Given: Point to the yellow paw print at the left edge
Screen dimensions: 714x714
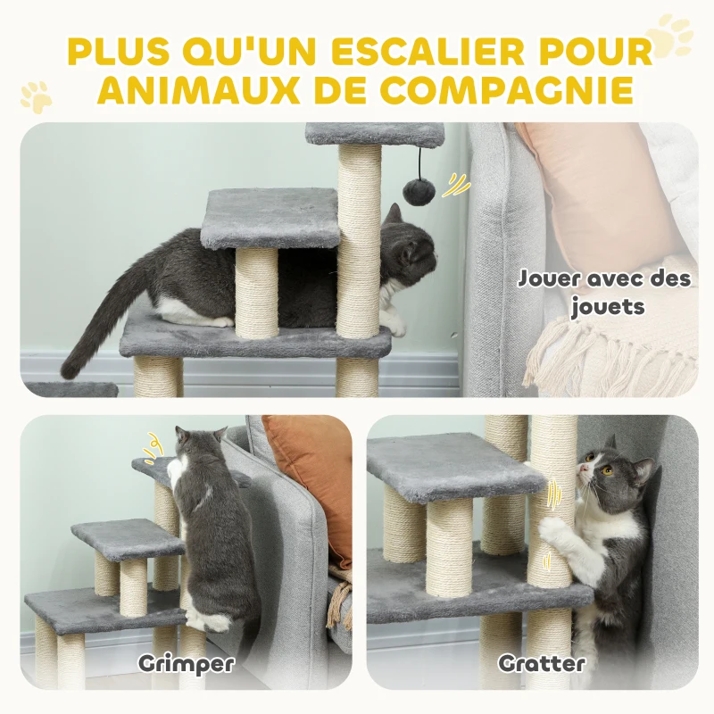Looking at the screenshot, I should tap(36, 95).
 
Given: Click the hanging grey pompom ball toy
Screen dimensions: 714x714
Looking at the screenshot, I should tap(419, 189).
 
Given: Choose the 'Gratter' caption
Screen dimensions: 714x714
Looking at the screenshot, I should tap(542, 663).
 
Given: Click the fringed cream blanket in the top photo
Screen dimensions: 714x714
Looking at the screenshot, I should tap(616, 357).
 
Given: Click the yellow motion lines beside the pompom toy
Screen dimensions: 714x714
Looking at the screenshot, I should tap(458, 185).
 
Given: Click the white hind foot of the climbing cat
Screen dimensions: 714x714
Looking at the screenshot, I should tap(212, 620).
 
